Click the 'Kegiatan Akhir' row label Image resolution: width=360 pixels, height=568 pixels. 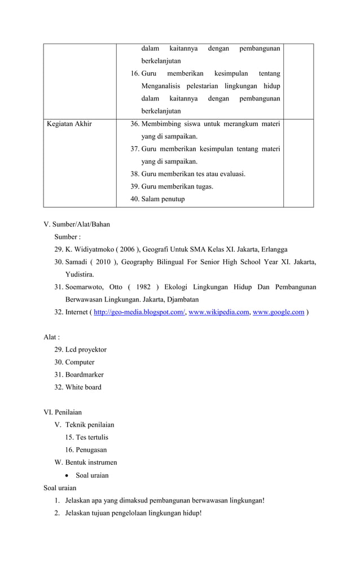tap(69, 124)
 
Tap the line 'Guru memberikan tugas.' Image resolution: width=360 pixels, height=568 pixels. tap(177, 186)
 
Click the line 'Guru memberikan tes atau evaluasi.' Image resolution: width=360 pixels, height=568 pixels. tap(193, 174)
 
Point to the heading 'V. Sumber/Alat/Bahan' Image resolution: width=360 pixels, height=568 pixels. tap(77, 224)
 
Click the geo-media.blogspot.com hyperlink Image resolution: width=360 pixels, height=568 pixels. tap(139, 312)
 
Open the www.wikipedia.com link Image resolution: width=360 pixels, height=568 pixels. tap(218, 312)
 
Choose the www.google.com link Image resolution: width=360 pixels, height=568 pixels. tap(278, 312)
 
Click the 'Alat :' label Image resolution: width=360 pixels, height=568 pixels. tap(52, 337)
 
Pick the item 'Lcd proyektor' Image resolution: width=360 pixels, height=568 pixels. tap(86, 349)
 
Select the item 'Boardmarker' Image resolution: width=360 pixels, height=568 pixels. tap(84, 374)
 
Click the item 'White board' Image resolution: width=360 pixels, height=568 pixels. tap(84, 387)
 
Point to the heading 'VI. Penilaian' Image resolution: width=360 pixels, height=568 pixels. tap(63, 412)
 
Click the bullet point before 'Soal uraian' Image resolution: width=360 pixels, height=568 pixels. tap(68, 475)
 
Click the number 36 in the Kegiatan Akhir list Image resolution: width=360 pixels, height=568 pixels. tap(135, 124)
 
